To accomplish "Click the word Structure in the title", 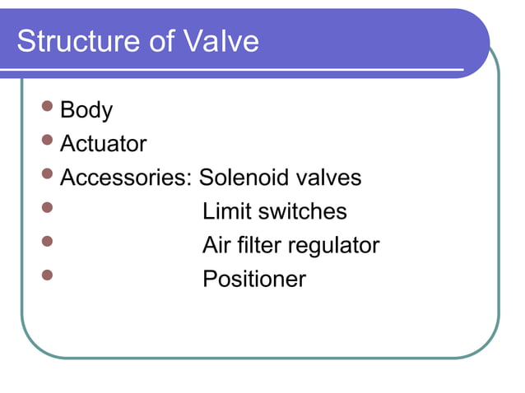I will click(x=76, y=41).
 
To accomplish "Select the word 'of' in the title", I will click(x=160, y=41).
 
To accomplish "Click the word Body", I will click(x=86, y=110).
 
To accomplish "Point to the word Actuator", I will click(x=104, y=144).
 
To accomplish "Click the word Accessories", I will click(x=127, y=178).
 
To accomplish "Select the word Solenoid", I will click(x=242, y=178).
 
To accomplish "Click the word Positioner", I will click(x=254, y=280).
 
